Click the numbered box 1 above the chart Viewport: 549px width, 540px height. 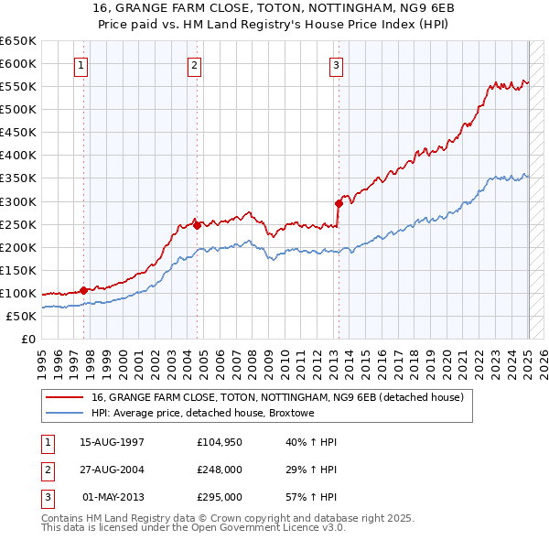(82, 65)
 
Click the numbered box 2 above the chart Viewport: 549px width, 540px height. (195, 65)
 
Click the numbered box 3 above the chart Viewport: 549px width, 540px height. (337, 65)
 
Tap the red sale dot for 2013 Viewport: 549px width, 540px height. (339, 203)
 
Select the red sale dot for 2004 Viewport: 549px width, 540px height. (197, 225)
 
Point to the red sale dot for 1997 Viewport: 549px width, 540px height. (83, 290)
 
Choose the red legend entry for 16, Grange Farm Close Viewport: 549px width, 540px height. (277, 397)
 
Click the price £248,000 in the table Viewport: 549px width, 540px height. (220, 470)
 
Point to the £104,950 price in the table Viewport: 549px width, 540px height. (220, 442)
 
